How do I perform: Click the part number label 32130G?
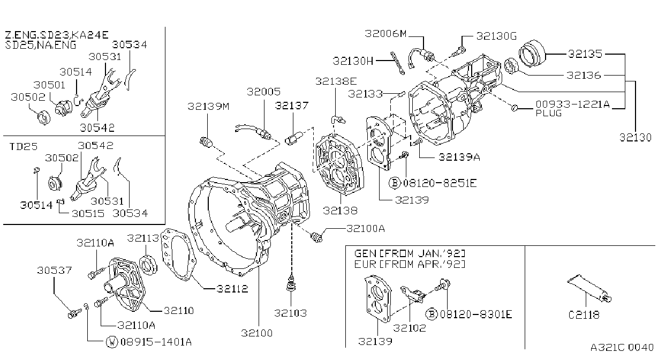click(496, 36)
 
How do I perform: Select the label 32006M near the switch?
click(385, 34)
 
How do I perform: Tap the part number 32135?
click(585, 54)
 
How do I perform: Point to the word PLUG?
click(549, 113)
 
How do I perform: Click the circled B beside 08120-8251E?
click(395, 183)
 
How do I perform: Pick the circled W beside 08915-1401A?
click(111, 342)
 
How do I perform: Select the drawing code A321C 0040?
click(622, 348)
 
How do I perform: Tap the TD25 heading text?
click(24, 146)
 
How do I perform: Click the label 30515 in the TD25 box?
click(88, 213)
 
